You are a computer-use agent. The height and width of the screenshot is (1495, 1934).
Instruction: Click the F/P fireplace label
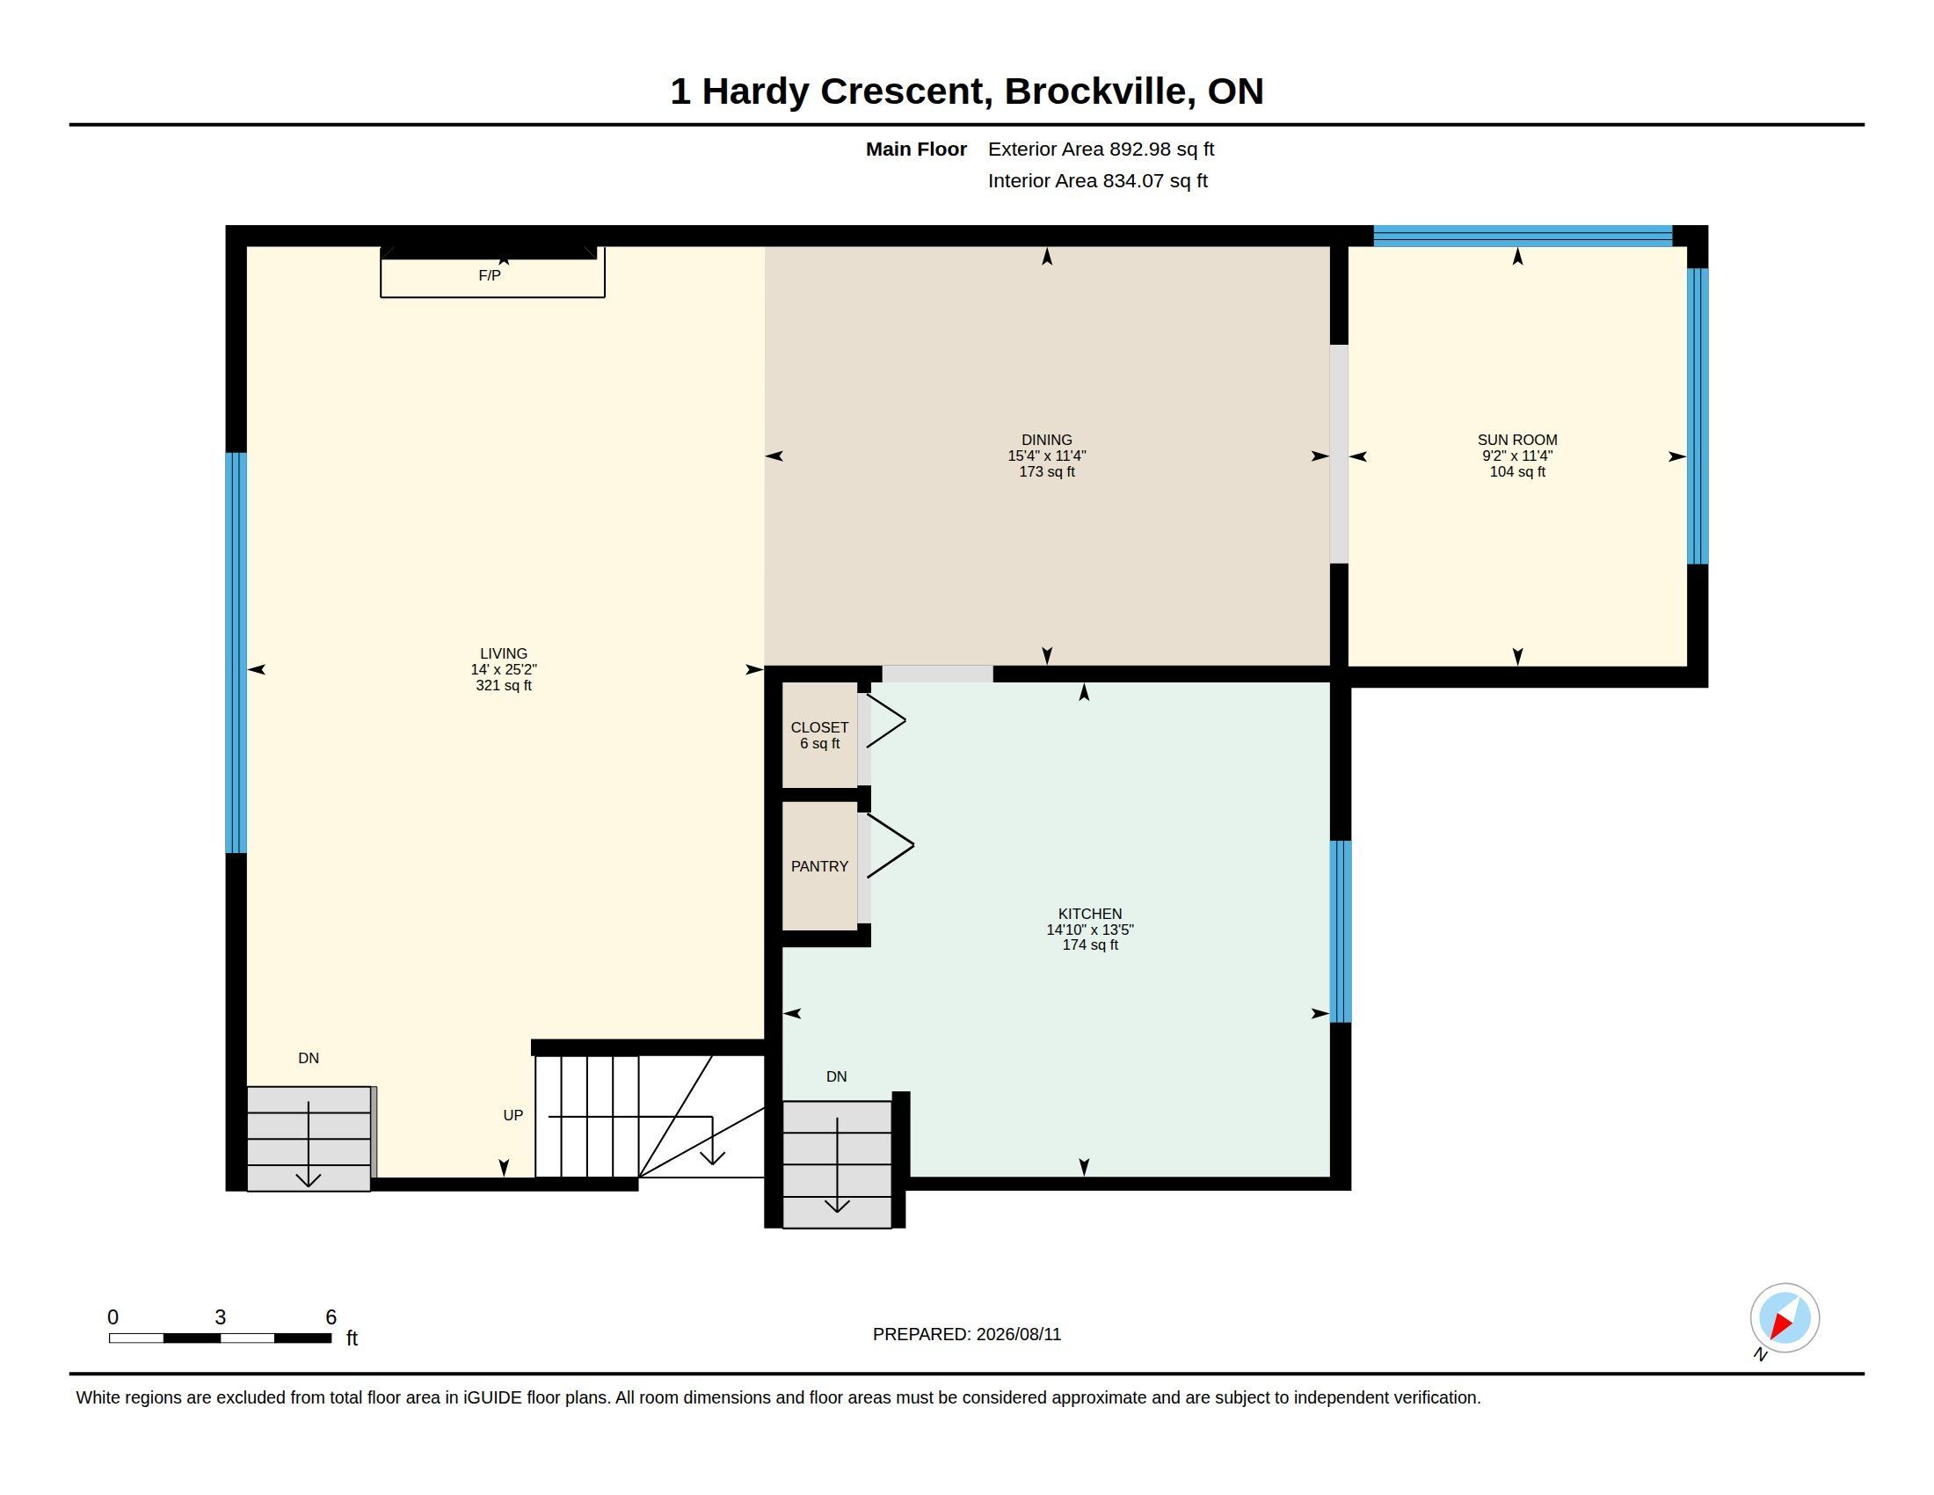click(490, 275)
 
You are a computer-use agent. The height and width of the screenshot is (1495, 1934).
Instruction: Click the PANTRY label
click(819, 866)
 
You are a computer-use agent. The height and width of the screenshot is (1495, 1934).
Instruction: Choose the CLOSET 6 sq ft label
click(819, 735)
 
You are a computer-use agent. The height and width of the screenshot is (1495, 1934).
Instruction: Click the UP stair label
click(513, 1115)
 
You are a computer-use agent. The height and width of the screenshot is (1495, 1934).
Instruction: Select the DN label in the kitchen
click(836, 1076)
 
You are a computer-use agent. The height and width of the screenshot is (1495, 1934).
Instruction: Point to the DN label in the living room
click(309, 1057)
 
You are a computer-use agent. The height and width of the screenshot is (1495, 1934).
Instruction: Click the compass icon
click(1784, 1319)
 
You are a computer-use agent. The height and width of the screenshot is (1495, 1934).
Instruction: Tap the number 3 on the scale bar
click(221, 1317)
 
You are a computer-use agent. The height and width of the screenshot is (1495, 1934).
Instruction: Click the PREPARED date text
click(967, 1334)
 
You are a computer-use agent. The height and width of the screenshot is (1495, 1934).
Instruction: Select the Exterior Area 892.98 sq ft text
click(1101, 149)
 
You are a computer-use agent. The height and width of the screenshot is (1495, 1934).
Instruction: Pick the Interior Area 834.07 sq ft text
click(1097, 180)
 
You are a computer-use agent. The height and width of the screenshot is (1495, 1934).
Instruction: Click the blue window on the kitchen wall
click(1341, 930)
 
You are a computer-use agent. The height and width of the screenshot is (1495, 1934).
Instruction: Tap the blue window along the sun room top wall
click(1523, 236)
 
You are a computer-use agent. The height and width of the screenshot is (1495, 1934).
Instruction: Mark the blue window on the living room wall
click(236, 653)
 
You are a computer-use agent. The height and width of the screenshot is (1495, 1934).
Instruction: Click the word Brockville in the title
click(1095, 91)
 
